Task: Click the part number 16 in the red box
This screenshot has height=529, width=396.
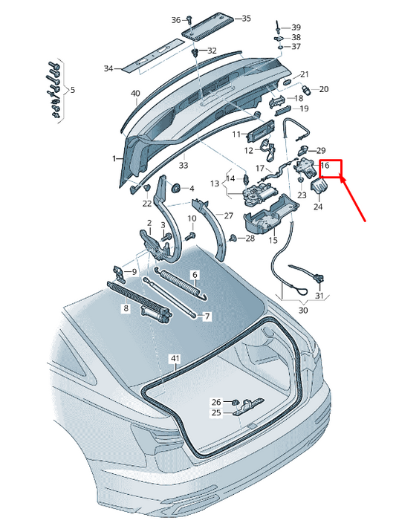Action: [x=325, y=165]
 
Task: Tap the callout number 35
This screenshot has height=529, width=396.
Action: [x=246, y=19]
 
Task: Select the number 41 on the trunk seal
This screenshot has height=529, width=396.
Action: [x=175, y=358]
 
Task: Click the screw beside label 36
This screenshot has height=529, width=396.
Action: [x=190, y=19]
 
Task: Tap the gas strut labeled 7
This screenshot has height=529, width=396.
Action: [x=169, y=297]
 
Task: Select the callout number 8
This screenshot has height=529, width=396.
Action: [x=126, y=308]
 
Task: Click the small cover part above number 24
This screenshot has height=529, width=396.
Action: [x=319, y=186]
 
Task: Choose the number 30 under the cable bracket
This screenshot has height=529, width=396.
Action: [x=303, y=310]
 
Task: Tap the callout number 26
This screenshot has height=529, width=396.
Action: [x=216, y=402]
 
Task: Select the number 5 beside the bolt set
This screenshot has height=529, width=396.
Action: [x=73, y=90]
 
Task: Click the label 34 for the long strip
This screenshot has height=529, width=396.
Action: [x=108, y=68]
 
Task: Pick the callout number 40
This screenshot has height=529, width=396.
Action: [x=135, y=93]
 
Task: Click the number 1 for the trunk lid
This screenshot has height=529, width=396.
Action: [x=114, y=158]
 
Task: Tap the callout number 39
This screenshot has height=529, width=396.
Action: [x=296, y=27]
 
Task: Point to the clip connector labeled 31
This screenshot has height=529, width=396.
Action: [x=319, y=279]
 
